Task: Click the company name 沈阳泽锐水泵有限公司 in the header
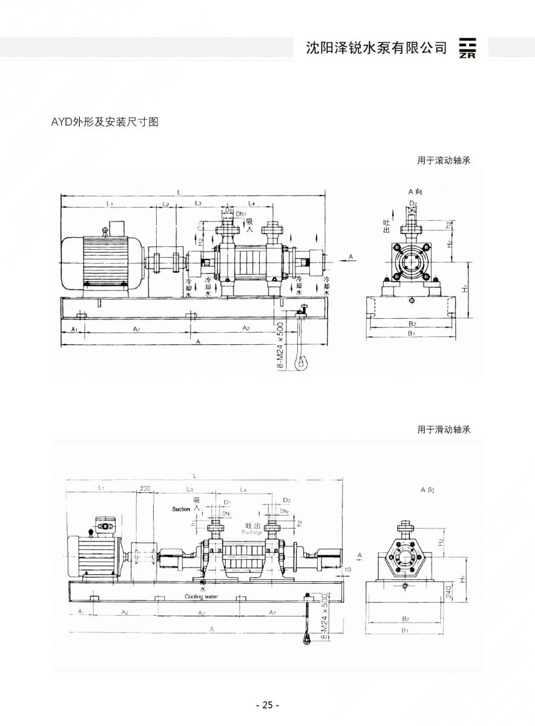(376, 48)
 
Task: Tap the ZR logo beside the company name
(467, 48)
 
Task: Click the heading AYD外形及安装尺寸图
(105, 122)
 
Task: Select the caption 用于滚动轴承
(444, 160)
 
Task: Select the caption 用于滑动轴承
(444, 430)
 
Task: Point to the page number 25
(267, 705)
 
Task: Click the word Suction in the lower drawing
(181, 509)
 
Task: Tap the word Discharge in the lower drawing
(252, 532)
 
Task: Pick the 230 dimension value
(145, 489)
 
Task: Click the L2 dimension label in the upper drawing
(165, 205)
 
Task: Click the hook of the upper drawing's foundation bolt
(301, 364)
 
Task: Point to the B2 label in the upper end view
(412, 324)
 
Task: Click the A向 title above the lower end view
(428, 490)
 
